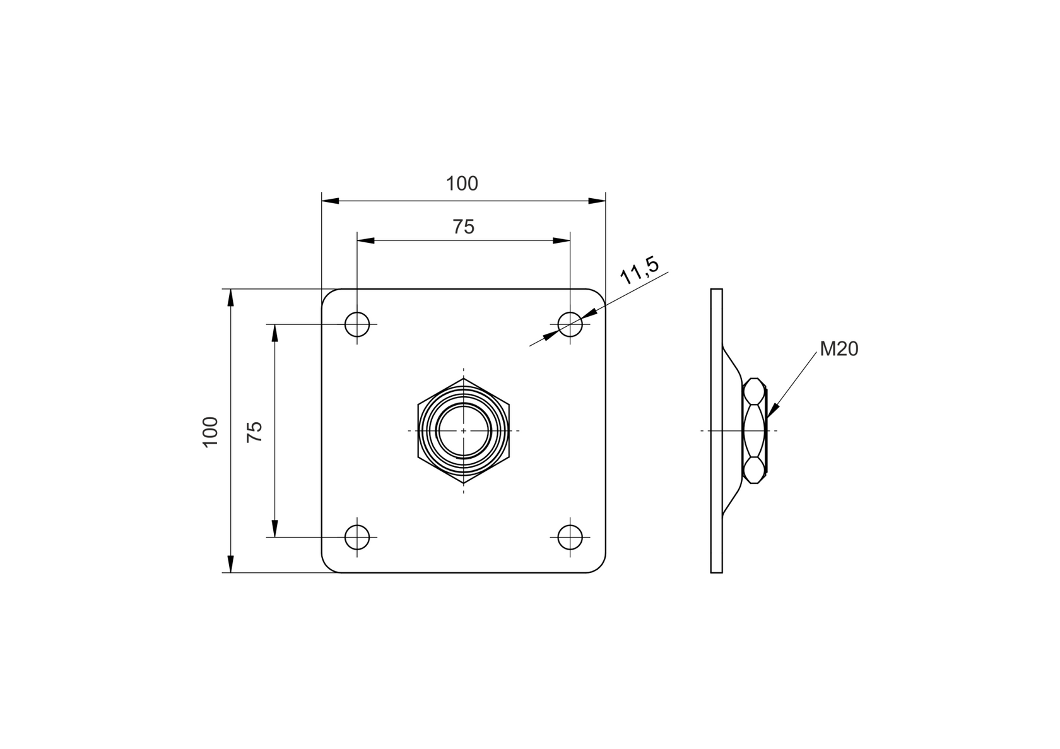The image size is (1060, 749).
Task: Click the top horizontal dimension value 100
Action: click(462, 184)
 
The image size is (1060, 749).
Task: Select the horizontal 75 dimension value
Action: click(463, 227)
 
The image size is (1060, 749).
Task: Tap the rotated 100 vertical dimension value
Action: click(210, 432)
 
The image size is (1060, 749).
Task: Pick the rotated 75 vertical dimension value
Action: click(254, 431)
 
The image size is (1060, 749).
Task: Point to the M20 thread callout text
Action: click(839, 348)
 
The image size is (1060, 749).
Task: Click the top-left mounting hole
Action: click(357, 324)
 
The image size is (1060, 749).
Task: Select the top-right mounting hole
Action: click(570, 324)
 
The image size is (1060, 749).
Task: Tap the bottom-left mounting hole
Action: click(357, 537)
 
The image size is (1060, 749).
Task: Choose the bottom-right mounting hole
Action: click(570, 537)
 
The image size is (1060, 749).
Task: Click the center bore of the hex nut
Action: click(464, 430)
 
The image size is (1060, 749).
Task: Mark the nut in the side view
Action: click(755, 430)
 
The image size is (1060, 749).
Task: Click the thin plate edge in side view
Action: click(716, 430)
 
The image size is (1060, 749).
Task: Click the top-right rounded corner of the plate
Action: click(599, 295)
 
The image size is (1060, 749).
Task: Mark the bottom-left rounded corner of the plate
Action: click(328, 567)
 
